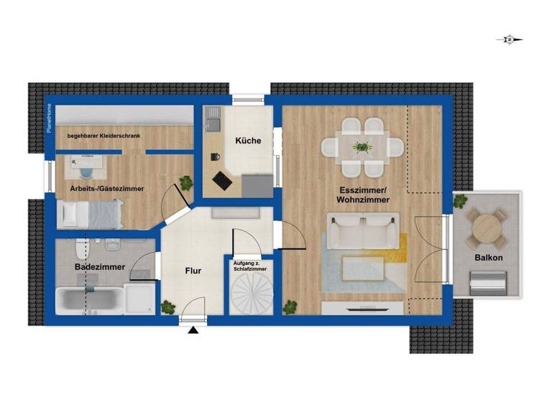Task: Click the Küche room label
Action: point(248,141)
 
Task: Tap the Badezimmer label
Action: point(100,267)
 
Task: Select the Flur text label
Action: point(193,271)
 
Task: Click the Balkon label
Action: point(488,258)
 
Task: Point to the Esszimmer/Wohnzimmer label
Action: point(364,195)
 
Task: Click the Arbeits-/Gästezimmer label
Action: point(106,188)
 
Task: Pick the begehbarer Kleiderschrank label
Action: point(103,135)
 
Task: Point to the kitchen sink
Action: point(213,122)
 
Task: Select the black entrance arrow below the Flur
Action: point(193,330)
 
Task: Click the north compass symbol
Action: point(509,40)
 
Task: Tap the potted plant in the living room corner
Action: point(290,307)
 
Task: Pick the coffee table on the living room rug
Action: point(362,268)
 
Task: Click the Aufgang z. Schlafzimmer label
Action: point(250,266)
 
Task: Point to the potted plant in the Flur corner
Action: point(168,307)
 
